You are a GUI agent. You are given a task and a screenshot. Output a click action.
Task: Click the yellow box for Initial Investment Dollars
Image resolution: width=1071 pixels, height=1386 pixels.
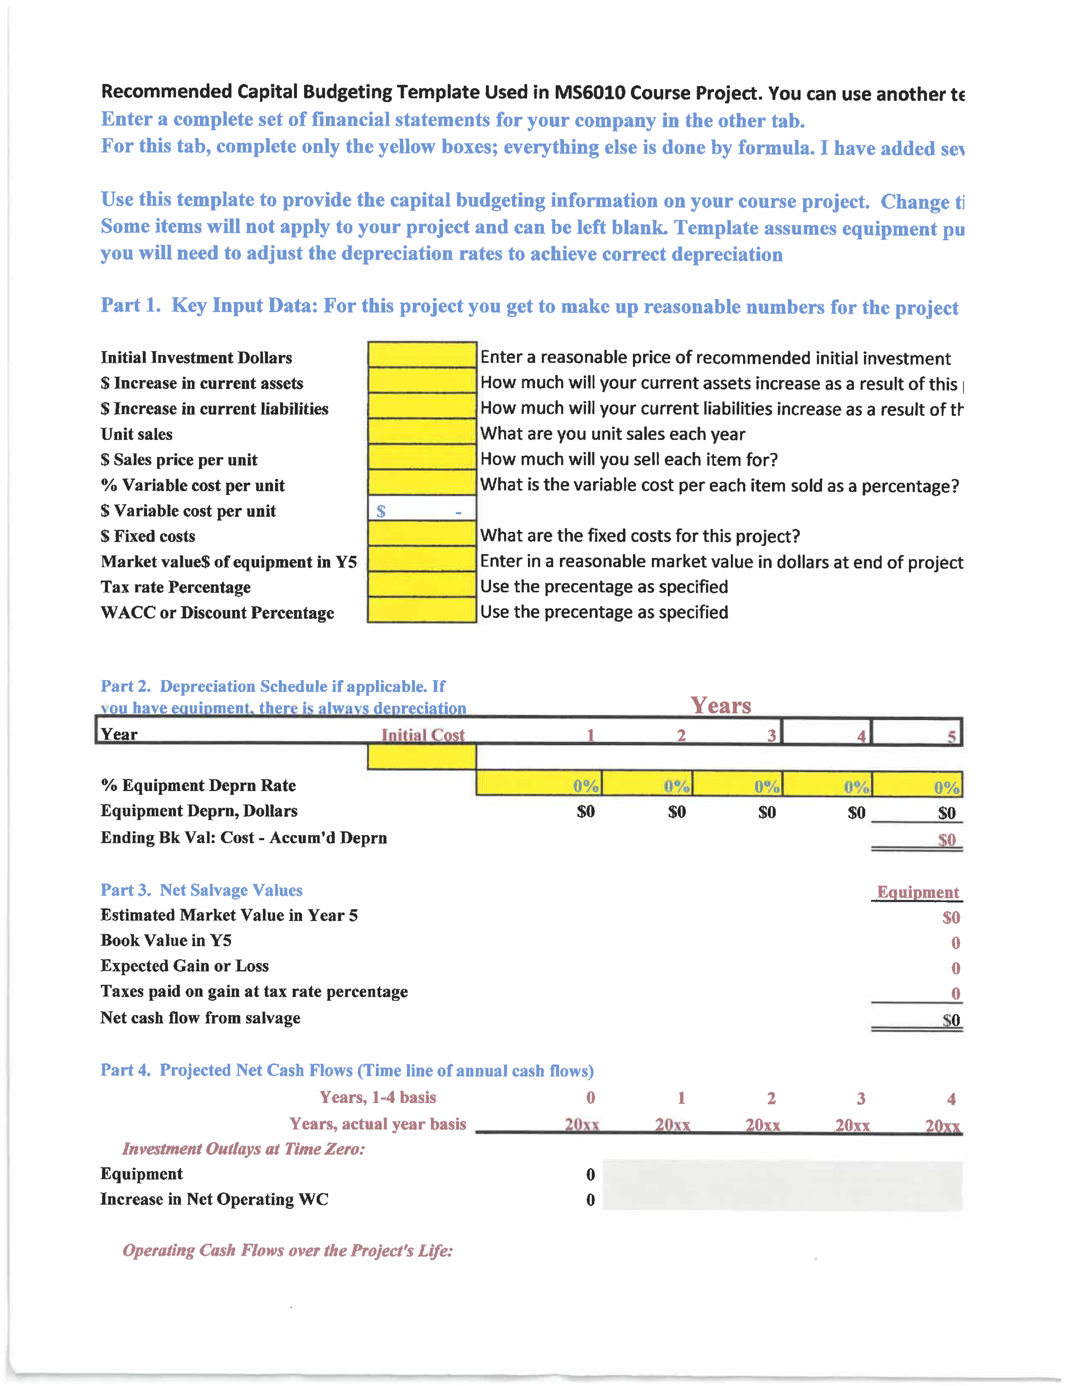tap(422, 355)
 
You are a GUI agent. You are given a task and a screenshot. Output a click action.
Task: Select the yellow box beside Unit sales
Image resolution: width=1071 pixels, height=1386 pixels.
tap(422, 432)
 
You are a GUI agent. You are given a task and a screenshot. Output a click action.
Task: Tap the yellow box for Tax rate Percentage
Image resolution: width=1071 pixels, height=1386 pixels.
tap(422, 585)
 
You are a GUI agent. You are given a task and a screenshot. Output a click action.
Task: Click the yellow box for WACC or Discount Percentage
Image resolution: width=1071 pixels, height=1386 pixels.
tap(422, 610)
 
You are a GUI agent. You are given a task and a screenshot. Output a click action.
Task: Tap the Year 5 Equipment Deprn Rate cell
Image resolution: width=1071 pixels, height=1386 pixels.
tap(917, 785)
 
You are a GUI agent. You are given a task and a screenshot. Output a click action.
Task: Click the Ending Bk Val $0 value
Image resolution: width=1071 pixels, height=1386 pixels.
tap(947, 840)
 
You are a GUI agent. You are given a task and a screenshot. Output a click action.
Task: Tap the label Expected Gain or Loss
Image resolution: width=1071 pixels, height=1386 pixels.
tap(185, 966)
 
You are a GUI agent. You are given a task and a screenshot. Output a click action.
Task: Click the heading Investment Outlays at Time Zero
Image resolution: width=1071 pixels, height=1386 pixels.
tap(244, 1149)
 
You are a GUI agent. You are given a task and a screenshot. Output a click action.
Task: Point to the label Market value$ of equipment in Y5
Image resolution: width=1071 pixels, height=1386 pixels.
tap(228, 562)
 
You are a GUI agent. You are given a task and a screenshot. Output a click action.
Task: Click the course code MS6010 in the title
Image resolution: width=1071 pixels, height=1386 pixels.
tap(589, 93)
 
